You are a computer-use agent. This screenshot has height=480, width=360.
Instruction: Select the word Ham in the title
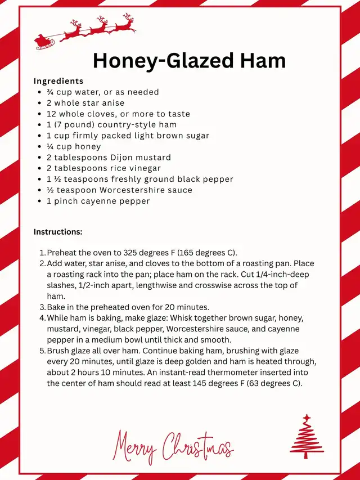[x=264, y=61]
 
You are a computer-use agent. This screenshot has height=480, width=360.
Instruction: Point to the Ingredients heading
[x=58, y=81]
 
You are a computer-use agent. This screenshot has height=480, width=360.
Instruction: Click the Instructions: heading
[x=58, y=232]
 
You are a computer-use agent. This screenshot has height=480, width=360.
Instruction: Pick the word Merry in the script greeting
[x=136, y=446]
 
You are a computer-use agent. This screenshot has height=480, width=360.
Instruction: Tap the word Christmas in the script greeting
[x=197, y=447]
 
